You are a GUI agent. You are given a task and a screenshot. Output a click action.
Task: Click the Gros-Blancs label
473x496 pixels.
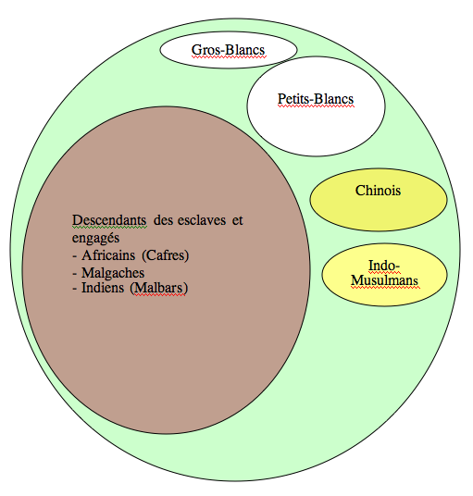pos(228,50)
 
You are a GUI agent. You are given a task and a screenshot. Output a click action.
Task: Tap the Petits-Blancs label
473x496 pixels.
pos(316,99)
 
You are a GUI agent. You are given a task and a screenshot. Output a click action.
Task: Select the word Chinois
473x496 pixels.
pos(378,191)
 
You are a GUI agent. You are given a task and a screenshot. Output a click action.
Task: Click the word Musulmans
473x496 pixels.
pos(384,280)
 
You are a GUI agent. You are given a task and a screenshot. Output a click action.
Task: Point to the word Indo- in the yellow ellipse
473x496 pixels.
pos(384,266)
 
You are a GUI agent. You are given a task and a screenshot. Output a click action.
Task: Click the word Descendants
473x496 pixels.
pos(109,220)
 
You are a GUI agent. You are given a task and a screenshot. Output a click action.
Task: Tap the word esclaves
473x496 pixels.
pos(202,220)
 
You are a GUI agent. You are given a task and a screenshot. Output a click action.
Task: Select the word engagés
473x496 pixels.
pos(95,238)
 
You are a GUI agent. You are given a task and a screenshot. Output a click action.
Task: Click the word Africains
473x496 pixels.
pos(108,255)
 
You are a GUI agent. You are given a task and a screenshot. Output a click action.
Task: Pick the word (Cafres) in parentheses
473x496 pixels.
pos(165,255)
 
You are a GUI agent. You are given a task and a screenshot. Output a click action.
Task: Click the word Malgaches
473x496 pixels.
pos(113,273)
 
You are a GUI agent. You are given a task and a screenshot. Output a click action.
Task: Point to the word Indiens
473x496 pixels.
pos(103,288)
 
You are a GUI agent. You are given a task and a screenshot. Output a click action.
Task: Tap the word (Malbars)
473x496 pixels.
pos(159,288)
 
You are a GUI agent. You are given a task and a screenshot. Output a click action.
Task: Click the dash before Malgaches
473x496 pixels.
pos(75,274)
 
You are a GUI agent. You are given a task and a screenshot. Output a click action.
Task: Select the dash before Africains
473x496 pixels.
pos(75,256)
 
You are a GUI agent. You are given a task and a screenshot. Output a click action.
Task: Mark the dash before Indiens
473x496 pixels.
pos(75,289)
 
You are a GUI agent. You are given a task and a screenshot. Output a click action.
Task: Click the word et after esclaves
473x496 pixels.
pos(238,220)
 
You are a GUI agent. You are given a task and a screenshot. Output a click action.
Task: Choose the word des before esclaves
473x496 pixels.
pos(164,220)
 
